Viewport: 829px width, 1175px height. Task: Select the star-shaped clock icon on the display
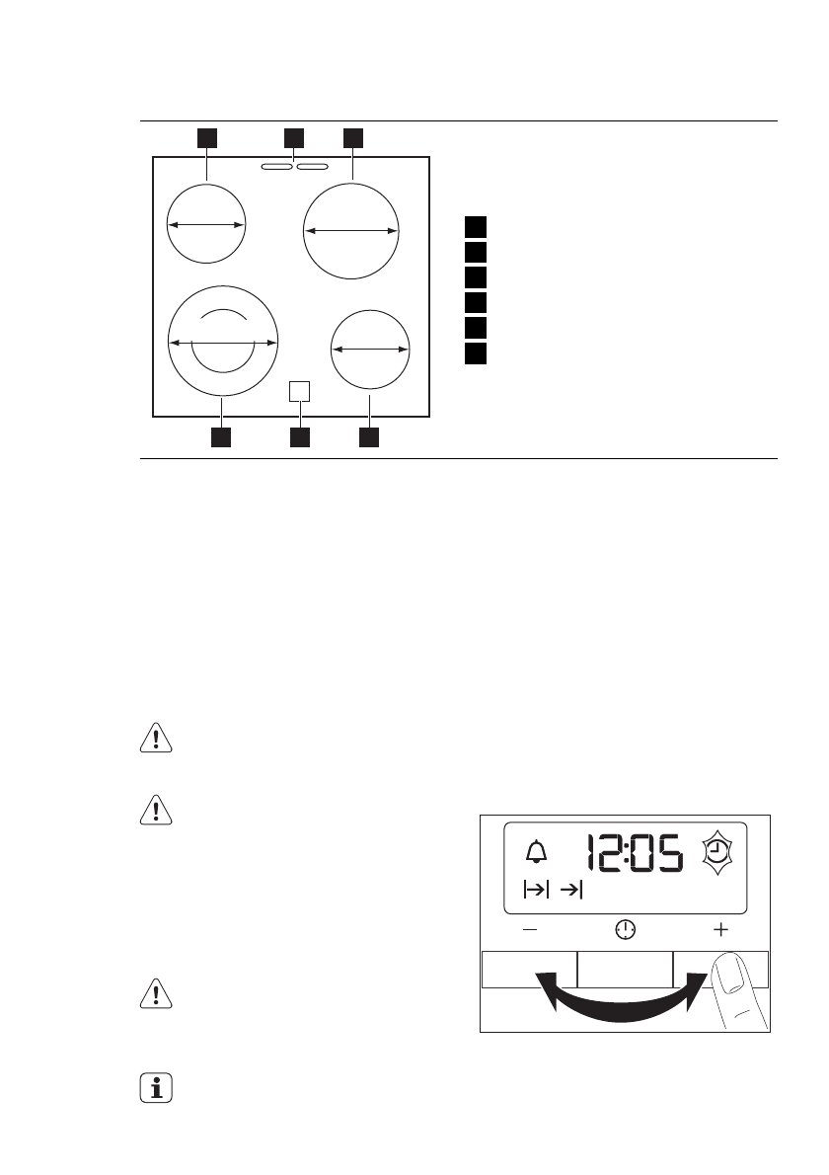click(x=720, y=853)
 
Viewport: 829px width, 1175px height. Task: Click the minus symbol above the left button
click(x=531, y=929)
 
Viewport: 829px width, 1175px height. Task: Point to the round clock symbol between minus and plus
click(x=626, y=929)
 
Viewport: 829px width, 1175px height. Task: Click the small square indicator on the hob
click(x=300, y=391)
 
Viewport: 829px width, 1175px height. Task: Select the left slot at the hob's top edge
click(x=277, y=168)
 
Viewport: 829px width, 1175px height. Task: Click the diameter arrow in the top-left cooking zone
click(x=205, y=225)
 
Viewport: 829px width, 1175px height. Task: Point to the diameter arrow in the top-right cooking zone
click(x=351, y=230)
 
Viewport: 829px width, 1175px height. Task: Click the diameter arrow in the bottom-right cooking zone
click(x=369, y=349)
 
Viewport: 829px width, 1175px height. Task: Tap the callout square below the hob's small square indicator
click(x=300, y=436)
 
